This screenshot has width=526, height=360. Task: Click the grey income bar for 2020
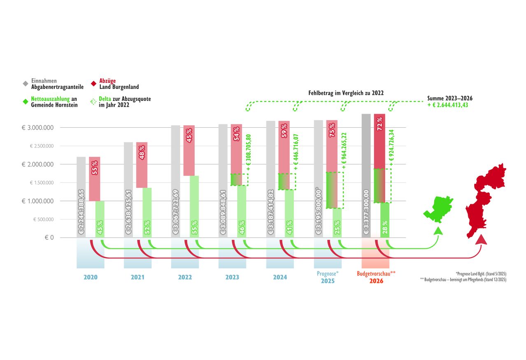(81, 197)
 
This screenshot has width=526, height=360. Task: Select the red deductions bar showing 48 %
(142, 164)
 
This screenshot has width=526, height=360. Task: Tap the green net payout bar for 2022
(194, 206)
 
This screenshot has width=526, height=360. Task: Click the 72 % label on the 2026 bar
(379, 124)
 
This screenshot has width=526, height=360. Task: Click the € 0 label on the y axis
(49, 238)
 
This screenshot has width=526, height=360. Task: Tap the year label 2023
(232, 278)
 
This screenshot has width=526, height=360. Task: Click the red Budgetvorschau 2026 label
(376, 277)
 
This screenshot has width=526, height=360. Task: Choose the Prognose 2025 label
(328, 277)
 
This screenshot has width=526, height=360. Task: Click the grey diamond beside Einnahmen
(26, 84)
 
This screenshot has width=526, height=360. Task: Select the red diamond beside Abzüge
(93, 84)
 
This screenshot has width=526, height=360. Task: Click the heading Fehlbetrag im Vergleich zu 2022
(346, 94)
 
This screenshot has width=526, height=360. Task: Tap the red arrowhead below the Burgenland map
(479, 239)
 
